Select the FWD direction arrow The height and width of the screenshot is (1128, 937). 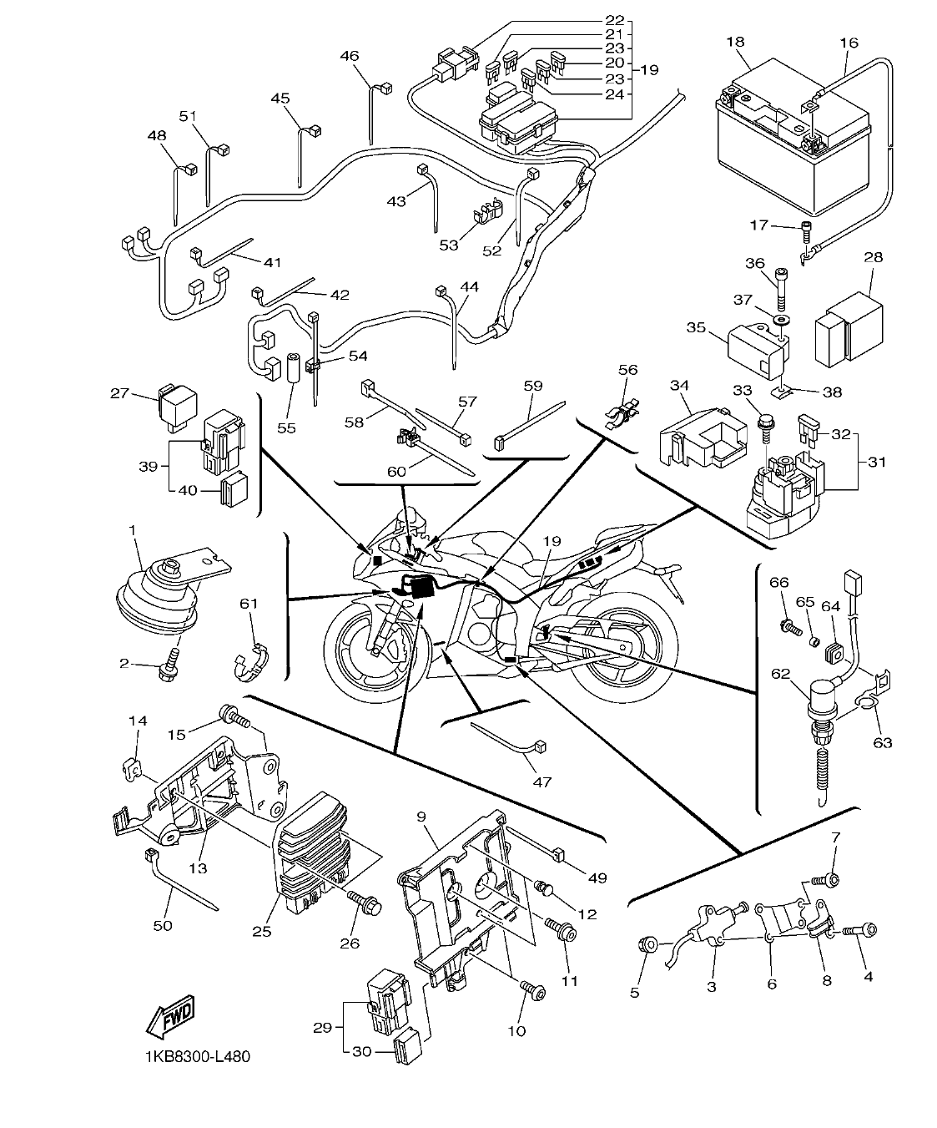170,1017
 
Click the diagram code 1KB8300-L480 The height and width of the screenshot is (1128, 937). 196,1057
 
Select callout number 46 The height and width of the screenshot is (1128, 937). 350,56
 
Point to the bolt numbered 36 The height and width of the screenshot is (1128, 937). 781,290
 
